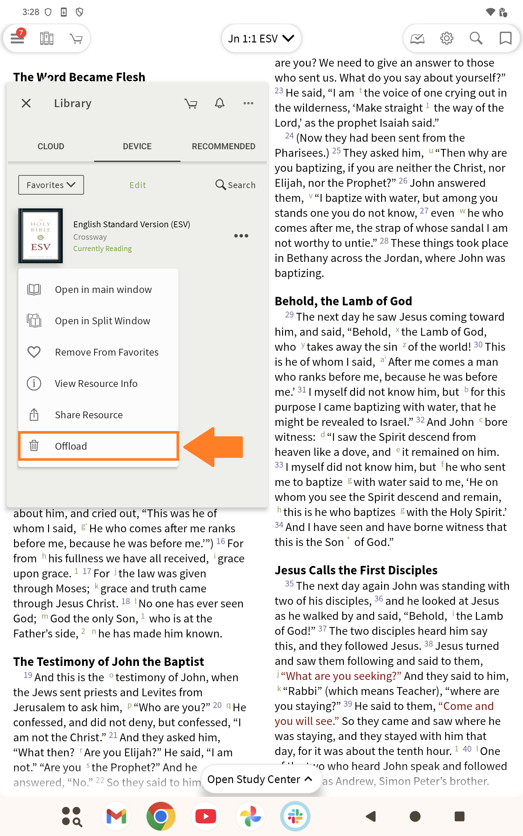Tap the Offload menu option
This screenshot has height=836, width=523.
tap(71, 446)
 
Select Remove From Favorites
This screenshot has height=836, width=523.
tap(106, 352)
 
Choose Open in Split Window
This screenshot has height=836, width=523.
tap(102, 321)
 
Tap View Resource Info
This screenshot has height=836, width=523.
tap(96, 383)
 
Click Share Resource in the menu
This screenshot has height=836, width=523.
tap(89, 414)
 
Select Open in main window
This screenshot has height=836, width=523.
tap(103, 289)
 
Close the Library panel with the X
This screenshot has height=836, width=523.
tap(26, 103)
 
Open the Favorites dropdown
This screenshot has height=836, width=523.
tap(51, 185)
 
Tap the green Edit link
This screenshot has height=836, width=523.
tap(138, 185)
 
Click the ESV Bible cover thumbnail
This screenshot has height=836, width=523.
tap(41, 235)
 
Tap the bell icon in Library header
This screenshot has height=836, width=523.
tap(220, 103)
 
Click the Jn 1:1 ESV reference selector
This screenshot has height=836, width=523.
tap(261, 38)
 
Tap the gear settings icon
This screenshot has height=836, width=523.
tap(447, 38)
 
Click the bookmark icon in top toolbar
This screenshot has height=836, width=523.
tap(505, 38)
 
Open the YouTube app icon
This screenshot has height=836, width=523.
tap(206, 816)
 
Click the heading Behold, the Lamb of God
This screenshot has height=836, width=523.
tap(343, 301)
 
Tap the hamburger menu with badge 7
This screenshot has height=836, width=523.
tap(17, 38)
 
